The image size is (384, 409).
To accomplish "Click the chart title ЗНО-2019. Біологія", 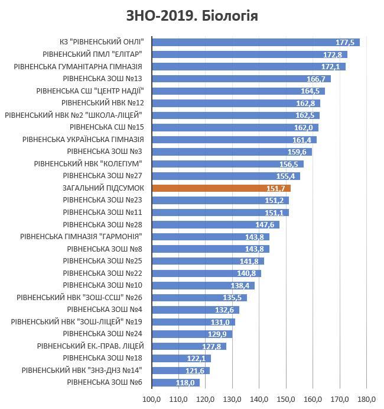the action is [x=192, y=16].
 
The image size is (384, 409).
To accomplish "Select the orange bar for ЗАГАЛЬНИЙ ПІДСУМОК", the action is [x=222, y=188].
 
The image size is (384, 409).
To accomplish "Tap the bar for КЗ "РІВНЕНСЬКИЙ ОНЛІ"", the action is [x=256, y=42].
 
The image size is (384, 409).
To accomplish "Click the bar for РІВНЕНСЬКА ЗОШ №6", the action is [x=176, y=382].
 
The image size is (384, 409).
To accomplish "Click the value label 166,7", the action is [x=316, y=79].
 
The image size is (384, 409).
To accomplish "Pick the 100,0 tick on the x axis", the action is [x=152, y=400].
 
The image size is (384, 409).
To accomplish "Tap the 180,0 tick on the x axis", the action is [x=366, y=400].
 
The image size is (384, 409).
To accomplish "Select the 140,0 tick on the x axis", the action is [x=259, y=400].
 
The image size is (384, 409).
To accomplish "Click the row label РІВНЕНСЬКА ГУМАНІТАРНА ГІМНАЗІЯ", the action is [x=78, y=67].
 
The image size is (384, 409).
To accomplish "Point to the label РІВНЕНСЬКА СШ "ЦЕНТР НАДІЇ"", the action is [x=90, y=91].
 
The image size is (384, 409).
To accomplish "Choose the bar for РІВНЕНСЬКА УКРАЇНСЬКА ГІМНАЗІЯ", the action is [x=235, y=140].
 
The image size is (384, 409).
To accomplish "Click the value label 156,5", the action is [x=289, y=165].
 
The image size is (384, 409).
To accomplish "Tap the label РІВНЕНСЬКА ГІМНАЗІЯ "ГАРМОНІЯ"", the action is [x=81, y=237].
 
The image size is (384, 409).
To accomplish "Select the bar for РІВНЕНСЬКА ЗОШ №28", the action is [x=216, y=224].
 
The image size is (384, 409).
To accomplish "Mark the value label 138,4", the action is [x=240, y=286].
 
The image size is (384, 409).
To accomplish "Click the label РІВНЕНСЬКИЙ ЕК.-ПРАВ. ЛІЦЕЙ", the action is [x=90, y=346].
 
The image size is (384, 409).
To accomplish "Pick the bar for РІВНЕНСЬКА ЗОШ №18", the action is [x=181, y=359].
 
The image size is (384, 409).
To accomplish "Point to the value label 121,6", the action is [x=195, y=371].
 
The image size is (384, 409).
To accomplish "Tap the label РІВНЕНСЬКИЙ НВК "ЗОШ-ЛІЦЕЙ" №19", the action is [x=77, y=322].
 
